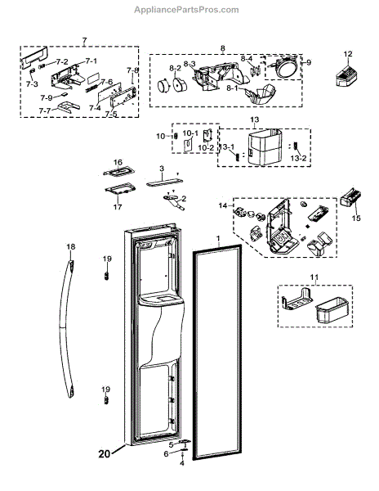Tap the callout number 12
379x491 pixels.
(x=347, y=54)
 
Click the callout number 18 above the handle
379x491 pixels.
(x=70, y=246)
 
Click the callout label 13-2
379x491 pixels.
(x=299, y=156)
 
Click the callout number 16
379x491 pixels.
(x=118, y=162)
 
